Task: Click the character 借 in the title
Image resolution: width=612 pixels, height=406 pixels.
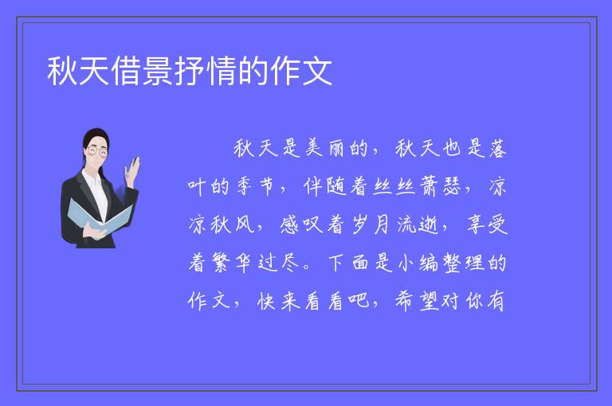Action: point(126,71)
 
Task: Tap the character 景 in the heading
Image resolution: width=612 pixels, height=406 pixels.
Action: point(158,71)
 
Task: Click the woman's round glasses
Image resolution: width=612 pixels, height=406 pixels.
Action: point(96,151)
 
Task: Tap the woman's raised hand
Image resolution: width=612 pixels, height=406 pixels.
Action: point(132,171)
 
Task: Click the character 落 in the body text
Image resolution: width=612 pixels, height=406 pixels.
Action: point(497,148)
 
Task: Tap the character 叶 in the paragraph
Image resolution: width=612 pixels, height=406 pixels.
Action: point(197,186)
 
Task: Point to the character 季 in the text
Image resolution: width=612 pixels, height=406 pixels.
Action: point(244,186)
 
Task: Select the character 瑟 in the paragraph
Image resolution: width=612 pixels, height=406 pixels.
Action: point(452,186)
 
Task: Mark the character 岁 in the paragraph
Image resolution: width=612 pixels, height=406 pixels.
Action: point(359,224)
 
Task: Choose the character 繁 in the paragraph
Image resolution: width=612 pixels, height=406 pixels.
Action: point(220,263)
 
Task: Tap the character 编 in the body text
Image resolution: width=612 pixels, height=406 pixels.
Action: point(429,263)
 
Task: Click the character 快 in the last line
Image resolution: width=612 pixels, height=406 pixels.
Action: point(267,301)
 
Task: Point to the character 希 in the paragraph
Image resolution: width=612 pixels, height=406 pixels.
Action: point(405,301)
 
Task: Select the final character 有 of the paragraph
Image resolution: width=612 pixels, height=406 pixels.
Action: point(496,301)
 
